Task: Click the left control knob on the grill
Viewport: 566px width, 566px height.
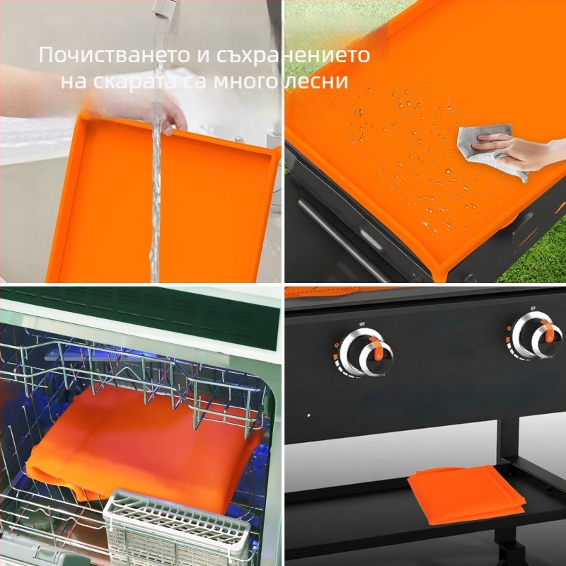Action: coord(365,351)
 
